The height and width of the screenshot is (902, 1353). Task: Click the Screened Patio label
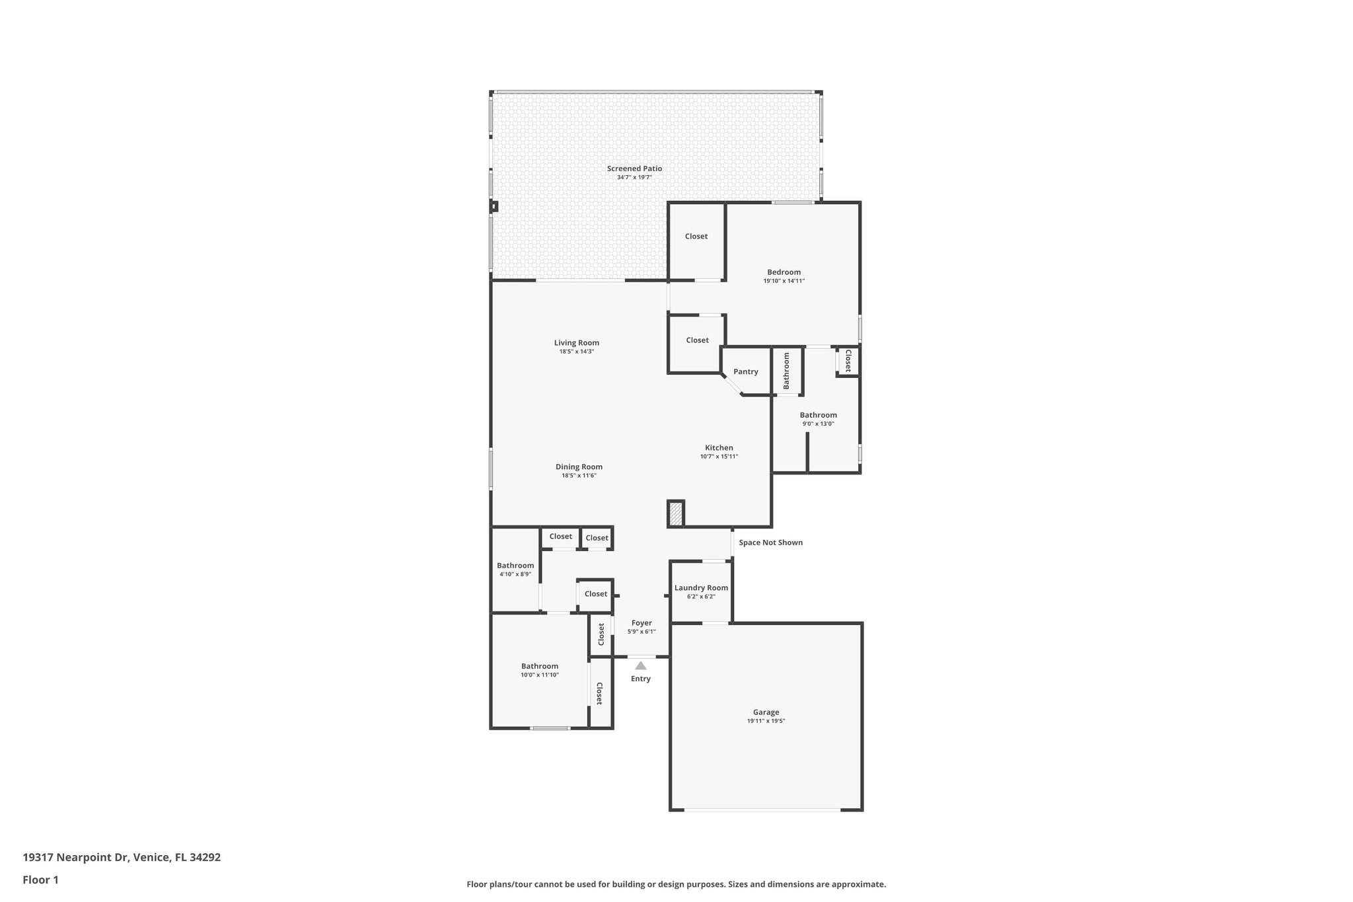pos(634,169)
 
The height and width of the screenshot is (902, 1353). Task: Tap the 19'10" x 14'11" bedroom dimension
pos(784,281)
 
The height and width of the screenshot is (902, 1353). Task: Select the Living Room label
pos(576,342)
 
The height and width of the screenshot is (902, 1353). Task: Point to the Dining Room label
pos(579,467)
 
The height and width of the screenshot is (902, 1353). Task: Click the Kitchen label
pos(719,447)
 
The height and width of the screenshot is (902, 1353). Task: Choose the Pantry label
pos(745,371)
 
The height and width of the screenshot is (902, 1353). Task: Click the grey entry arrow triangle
pos(640,665)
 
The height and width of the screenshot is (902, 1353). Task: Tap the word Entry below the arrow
pos(640,679)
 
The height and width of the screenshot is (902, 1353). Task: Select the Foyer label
pos(641,622)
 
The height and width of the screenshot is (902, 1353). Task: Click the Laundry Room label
pos(701,587)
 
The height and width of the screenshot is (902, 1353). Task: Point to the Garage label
pos(766,712)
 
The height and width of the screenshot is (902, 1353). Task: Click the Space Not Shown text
pos(770,543)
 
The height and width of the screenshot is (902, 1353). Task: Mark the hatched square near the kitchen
pos(675,514)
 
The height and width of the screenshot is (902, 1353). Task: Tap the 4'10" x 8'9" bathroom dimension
pos(515,574)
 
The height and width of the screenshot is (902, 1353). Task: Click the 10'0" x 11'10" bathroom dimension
pos(539,675)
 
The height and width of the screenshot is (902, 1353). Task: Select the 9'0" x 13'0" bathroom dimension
pos(818,424)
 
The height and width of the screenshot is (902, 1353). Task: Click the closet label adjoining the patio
pos(696,236)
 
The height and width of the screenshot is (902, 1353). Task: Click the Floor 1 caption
pos(40,880)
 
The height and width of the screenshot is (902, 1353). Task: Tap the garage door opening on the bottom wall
pos(762,809)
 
